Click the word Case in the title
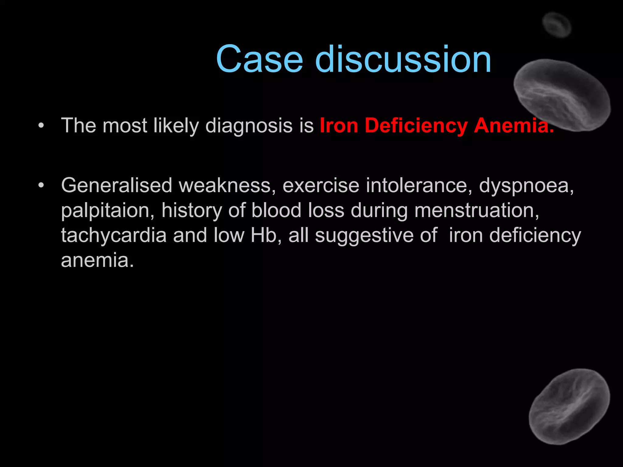(x=259, y=59)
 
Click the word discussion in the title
(x=403, y=59)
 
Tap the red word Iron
(x=339, y=125)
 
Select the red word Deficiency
(x=416, y=126)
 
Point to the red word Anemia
(x=513, y=125)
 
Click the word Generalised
(x=117, y=185)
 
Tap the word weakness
(x=227, y=186)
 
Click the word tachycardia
(x=114, y=236)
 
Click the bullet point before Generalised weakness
(x=41, y=185)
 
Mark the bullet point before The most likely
(x=41, y=125)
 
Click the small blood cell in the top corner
(x=557, y=25)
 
